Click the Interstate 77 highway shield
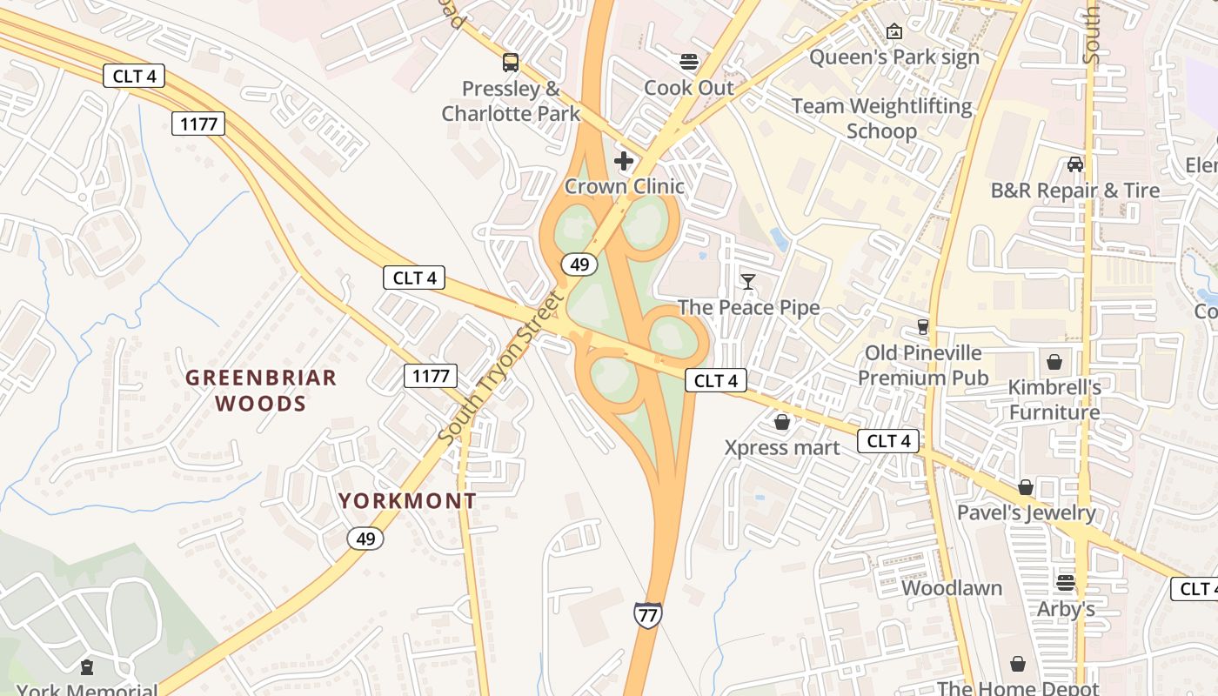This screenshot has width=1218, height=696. pos(647,615)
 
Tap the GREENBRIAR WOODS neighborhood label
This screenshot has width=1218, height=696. pos(261,390)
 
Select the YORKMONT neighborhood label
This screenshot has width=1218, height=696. pos(407,501)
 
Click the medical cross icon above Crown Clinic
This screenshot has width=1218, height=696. pos(624,160)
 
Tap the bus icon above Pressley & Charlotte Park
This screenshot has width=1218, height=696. pos(511,63)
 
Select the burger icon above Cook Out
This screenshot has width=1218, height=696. pos(689,62)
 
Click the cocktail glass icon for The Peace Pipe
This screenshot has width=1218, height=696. pos(748,281)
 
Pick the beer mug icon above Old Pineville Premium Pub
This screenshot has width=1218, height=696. pos(923,327)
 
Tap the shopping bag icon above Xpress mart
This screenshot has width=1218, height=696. pos(782,422)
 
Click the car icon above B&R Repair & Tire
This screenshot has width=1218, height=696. pos(1075,164)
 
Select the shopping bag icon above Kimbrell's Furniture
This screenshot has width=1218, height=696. pos(1054,361)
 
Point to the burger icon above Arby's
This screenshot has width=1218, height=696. pos(1066,583)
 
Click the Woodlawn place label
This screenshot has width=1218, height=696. pos(952,588)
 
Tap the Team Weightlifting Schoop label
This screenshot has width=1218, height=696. pos(882,118)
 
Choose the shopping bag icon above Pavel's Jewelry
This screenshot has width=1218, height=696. pos(1027,487)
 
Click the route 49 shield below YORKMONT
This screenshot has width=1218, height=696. pos(365,539)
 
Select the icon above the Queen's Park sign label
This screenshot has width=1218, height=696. pos(893,31)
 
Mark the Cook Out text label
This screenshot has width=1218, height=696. pos(689,88)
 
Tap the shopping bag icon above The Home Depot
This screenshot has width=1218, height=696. pos(1018,665)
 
